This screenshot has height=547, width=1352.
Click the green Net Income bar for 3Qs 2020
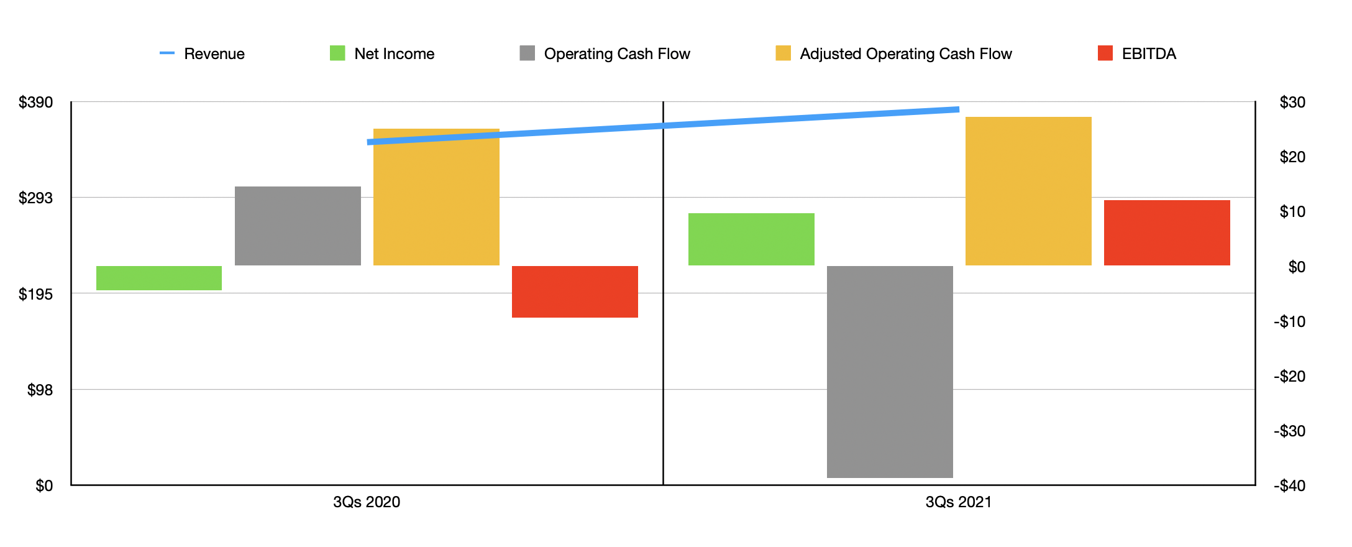[159, 278]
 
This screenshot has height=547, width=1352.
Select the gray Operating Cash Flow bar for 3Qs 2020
[298, 226]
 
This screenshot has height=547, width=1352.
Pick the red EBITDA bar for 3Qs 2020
[575, 292]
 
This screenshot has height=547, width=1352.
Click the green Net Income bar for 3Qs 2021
[751, 239]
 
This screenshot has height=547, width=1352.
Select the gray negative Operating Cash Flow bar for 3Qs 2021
[890, 372]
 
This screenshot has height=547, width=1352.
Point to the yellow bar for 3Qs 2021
[1028, 191]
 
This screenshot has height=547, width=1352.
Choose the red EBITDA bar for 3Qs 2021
[1167, 232]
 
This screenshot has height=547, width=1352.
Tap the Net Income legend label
[394, 54]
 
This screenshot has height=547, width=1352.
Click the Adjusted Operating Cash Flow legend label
[905, 54]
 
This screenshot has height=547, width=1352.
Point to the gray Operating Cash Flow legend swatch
[528, 53]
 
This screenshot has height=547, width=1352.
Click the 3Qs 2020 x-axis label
[367, 502]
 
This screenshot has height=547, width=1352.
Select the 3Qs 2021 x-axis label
[959, 502]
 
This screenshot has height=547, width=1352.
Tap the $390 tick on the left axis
[36, 103]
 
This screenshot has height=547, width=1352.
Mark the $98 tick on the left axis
[40, 390]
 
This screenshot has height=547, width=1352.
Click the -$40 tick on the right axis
[1289, 486]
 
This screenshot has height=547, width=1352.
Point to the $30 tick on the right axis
[1292, 103]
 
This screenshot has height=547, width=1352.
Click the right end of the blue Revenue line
[957, 109]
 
